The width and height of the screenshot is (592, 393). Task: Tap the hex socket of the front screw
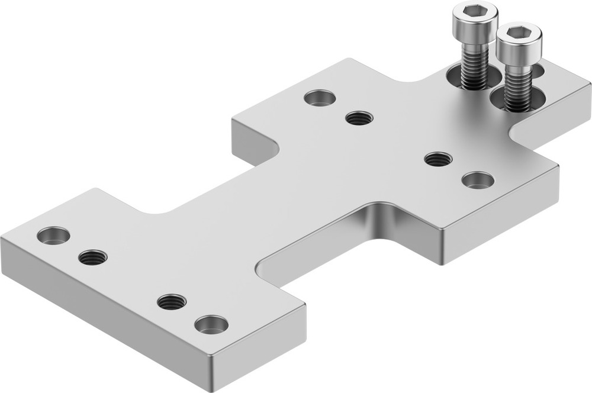(519, 33)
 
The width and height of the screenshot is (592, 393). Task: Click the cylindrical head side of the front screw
(519, 51)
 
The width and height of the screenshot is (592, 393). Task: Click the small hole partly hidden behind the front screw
(538, 70)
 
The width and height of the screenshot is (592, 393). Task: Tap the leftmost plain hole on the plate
(53, 236)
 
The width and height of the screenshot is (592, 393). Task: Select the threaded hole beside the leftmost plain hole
(93, 257)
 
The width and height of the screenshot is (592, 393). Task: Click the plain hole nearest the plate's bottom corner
(211, 324)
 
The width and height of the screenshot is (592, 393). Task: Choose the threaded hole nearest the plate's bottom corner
(172, 302)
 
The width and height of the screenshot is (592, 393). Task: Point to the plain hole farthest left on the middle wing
(320, 97)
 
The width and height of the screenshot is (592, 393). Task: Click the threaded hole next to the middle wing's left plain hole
(359, 118)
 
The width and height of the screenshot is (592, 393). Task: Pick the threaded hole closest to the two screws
(438, 159)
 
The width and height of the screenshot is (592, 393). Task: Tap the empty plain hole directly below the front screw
(478, 180)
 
